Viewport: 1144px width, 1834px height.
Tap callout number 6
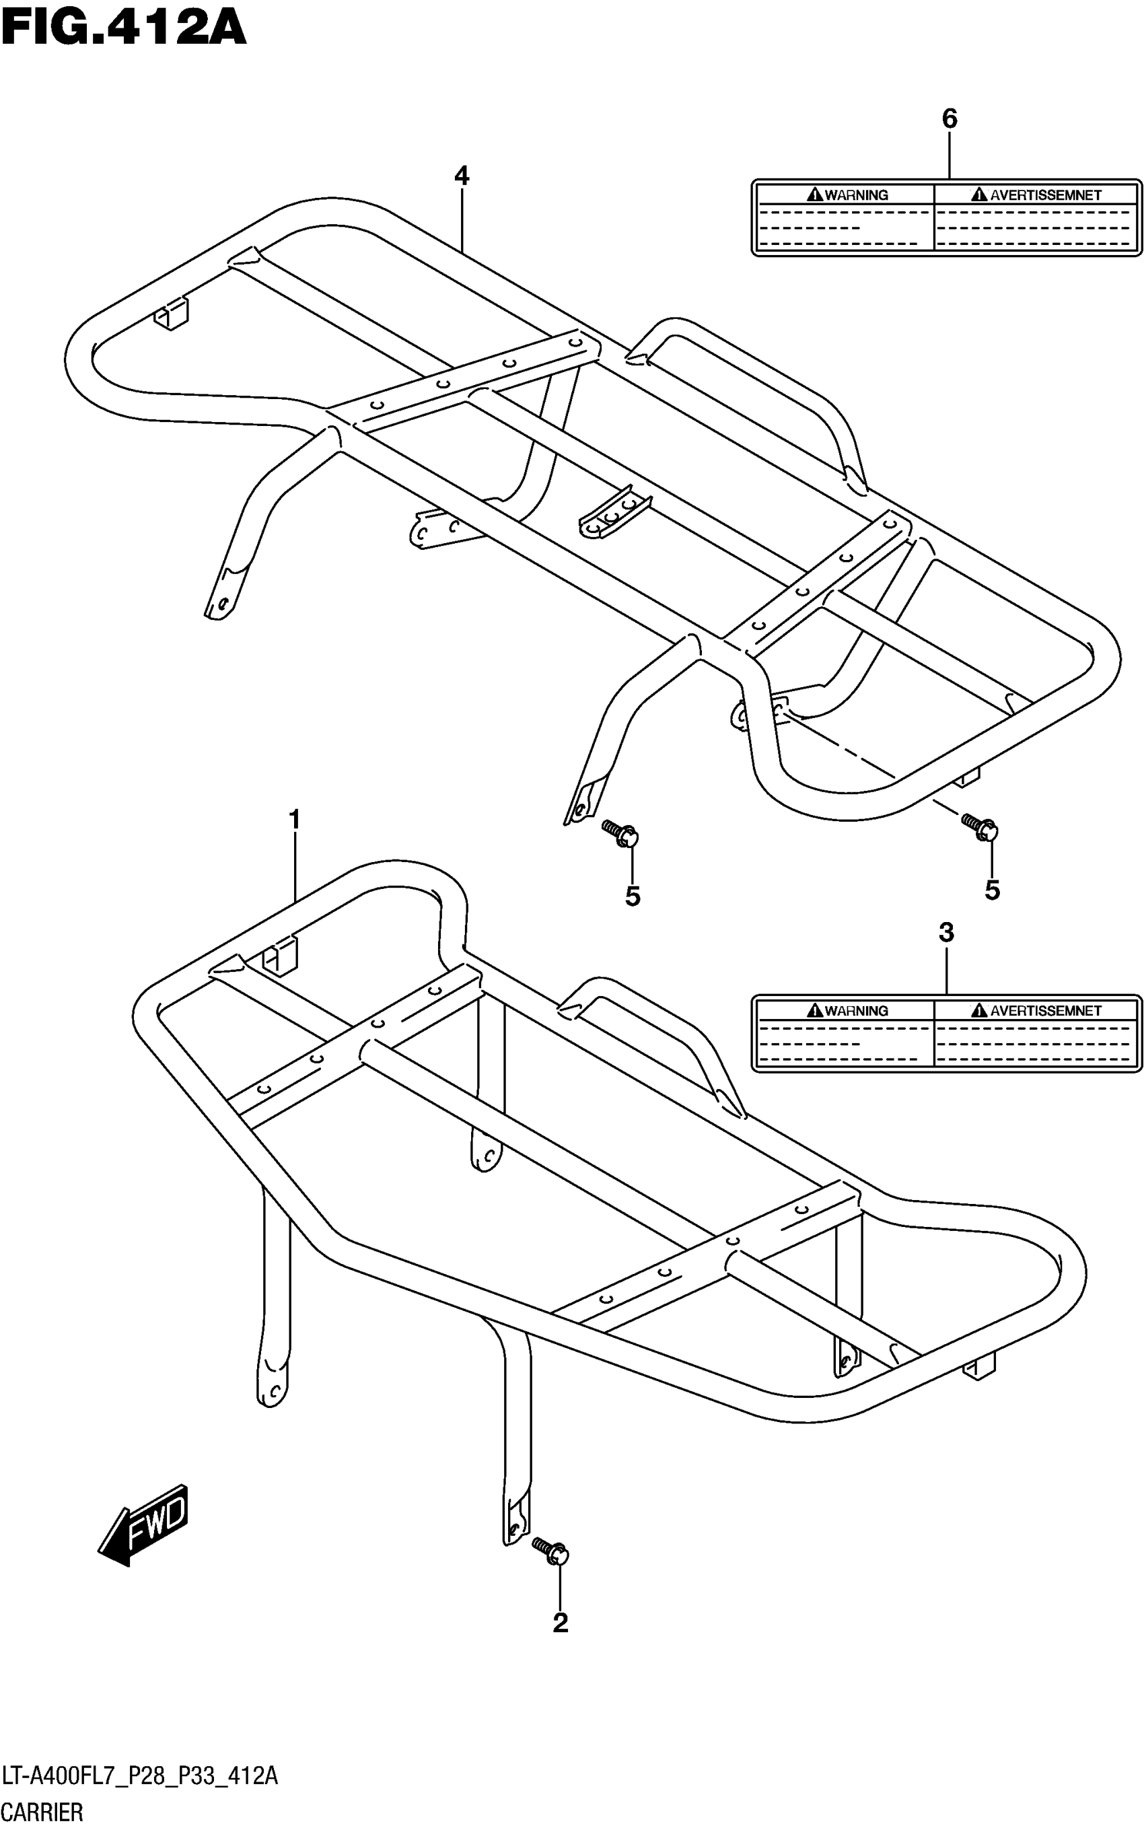point(949,118)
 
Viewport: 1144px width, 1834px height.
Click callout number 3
point(945,933)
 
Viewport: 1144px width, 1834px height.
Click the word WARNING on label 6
point(856,195)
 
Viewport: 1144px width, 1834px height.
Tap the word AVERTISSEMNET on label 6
point(1046,195)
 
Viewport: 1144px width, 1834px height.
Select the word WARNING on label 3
point(856,1011)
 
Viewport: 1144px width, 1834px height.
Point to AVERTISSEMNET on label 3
point(1046,1011)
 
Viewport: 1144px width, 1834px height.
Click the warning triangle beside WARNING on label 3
point(815,1010)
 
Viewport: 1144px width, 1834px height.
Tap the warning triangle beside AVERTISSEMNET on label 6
point(980,195)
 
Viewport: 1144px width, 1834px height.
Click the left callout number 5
point(633,896)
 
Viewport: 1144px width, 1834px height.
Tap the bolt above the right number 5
point(980,826)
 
